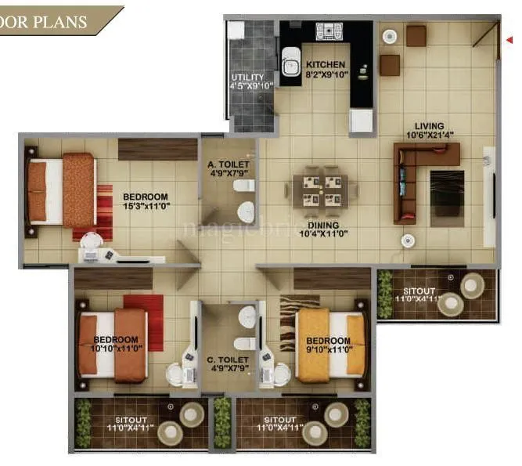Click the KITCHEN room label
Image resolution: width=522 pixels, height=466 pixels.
pos(325,64)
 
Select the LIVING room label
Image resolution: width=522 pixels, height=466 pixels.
pos(430,125)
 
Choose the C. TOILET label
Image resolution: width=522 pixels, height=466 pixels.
pos(229,361)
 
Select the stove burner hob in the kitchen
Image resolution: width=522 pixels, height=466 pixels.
pos(329,31)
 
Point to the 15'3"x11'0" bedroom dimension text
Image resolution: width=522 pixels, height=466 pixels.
pos(147,207)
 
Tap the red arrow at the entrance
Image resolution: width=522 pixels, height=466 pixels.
pos(510,38)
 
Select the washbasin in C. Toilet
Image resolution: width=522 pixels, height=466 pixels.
pos(247,318)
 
